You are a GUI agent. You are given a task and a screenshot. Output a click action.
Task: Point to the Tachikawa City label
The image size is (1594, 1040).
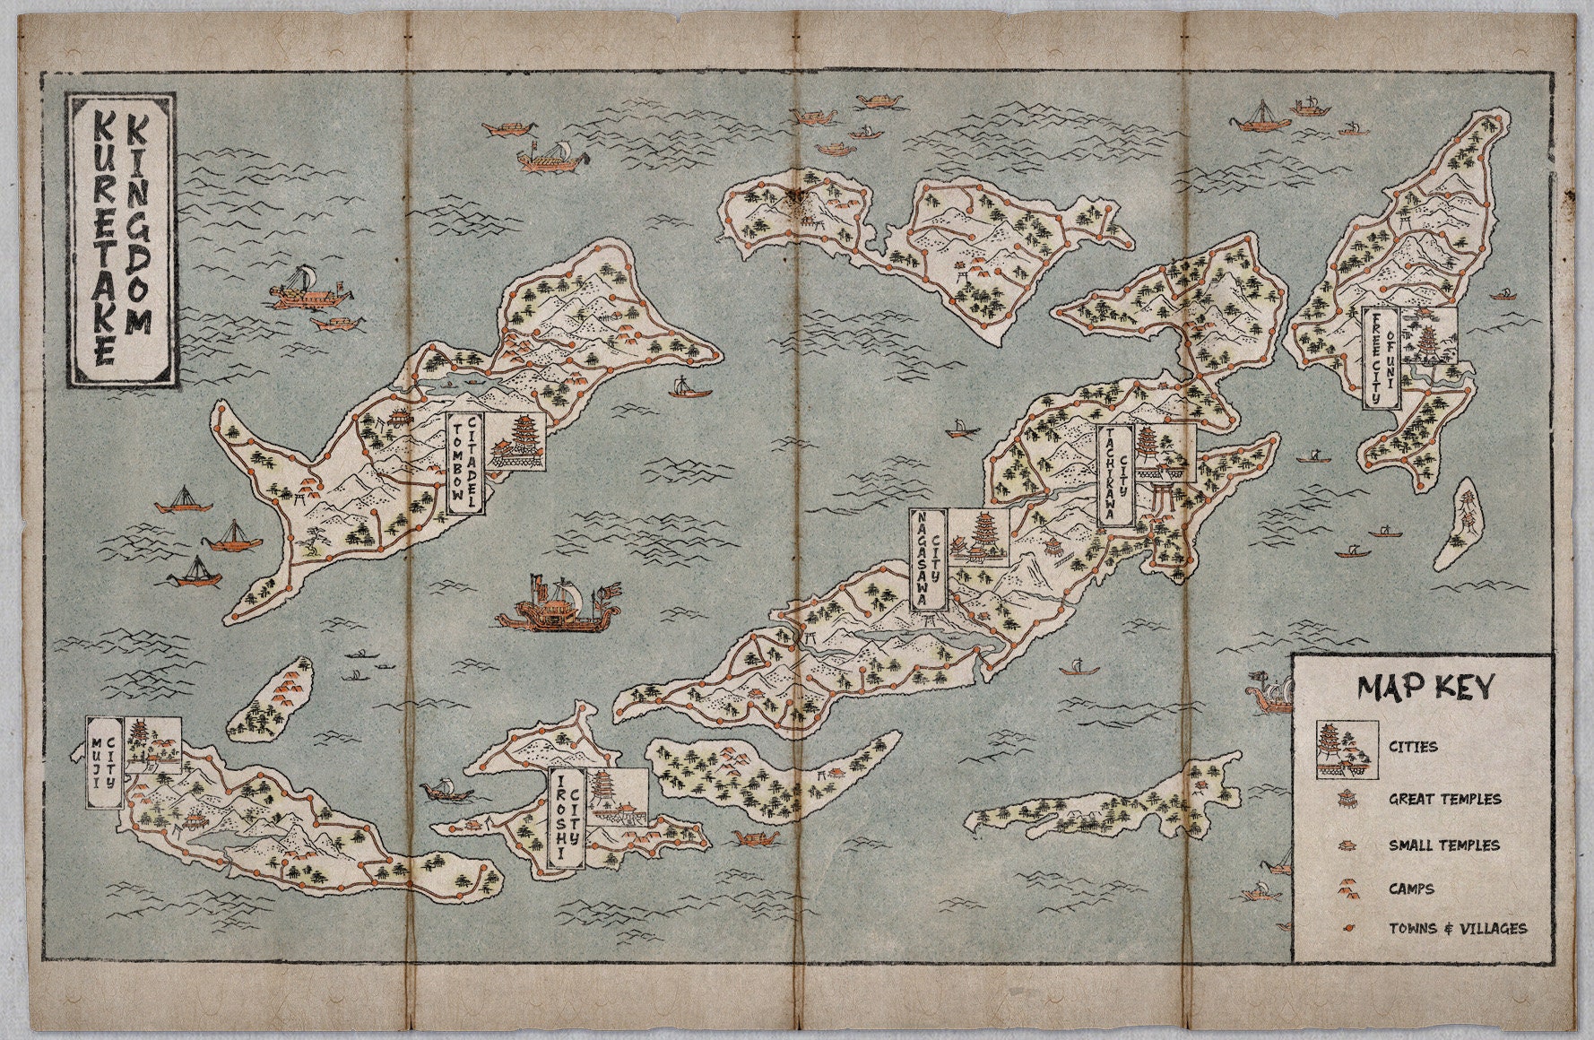[1115, 475]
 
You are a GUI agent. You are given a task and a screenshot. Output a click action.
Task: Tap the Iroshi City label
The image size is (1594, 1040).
[566, 819]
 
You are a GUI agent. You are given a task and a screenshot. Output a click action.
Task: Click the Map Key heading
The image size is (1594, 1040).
[1425, 687]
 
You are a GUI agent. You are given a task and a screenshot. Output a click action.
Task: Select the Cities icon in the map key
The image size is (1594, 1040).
[1347, 749]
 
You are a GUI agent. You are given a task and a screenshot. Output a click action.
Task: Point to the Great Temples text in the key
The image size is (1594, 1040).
[1444, 798]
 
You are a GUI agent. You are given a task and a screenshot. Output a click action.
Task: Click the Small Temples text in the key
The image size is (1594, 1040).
[1443, 845]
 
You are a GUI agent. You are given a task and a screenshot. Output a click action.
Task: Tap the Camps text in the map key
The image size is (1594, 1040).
[1411, 888]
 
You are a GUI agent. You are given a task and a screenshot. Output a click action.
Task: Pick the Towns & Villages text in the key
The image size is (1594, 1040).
[1457, 928]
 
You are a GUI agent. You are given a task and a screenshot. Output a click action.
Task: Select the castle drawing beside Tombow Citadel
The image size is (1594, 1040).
[517, 441]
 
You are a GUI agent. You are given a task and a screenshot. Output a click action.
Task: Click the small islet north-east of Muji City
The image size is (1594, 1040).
[272, 699]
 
